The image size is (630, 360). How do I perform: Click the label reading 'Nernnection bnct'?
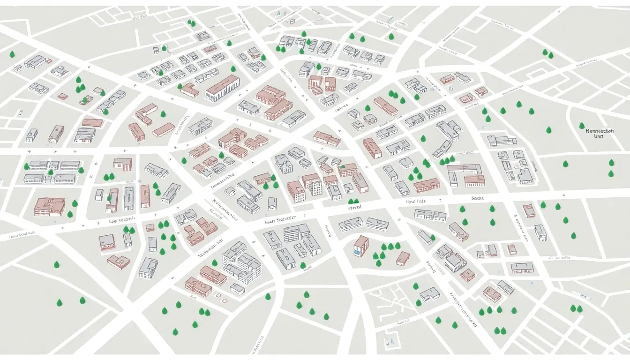pos(600,134)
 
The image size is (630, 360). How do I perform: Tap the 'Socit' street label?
pos(477,198)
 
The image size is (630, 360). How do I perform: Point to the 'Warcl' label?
pos(355,207)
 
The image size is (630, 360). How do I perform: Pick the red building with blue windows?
pos(360,246)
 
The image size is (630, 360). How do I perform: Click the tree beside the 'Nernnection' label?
pos(582,126)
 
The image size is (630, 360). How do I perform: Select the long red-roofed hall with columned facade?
pos(223,88)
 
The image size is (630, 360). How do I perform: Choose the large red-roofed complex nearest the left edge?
pos(49,206)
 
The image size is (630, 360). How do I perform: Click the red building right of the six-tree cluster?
pos(403,258)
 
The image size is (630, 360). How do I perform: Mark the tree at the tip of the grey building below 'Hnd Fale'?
pos(432,238)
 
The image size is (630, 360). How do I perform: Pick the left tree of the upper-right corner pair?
pos(545,52)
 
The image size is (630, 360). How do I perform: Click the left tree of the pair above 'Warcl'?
pos(350,202)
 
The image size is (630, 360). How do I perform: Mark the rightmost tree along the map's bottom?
pos(579,308)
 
